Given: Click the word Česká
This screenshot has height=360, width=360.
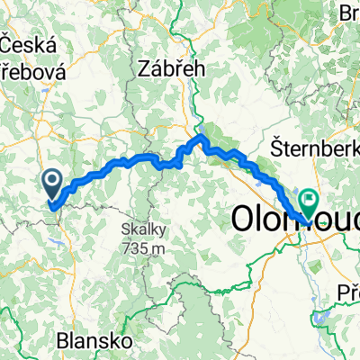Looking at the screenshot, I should click(29, 45).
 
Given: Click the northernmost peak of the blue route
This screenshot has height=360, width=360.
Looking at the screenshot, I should click(202, 137).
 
